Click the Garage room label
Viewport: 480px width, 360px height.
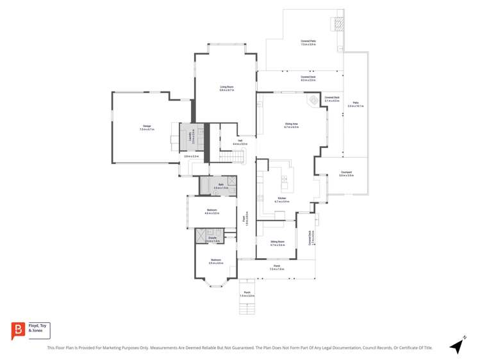pos(147,127)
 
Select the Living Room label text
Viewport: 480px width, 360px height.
pos(226,88)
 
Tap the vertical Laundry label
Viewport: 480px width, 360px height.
pos(190,136)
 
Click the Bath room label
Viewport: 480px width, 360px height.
pos(221,186)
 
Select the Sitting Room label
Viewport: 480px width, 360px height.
pos(277,243)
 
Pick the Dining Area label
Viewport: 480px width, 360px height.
pos(292,126)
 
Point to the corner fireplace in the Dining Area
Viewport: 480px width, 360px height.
pos(313,100)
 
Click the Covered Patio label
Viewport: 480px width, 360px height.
pos(308,42)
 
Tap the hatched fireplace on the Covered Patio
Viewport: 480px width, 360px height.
pos(337,24)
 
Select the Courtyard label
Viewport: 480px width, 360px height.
pos(346,174)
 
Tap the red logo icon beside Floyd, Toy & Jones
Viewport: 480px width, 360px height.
pos(17,330)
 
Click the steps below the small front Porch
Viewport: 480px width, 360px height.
pos(247,307)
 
